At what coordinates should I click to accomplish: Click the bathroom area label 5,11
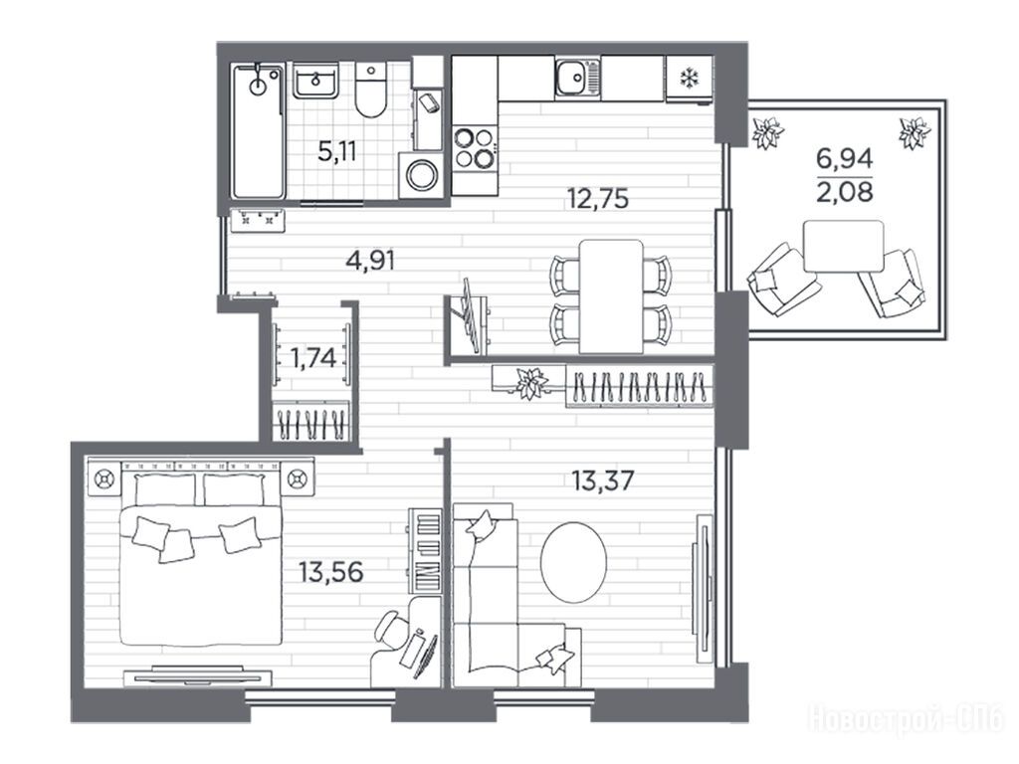pyautogui.click(x=337, y=151)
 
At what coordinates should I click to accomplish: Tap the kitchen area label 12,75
pyautogui.click(x=598, y=198)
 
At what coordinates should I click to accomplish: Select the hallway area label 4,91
pyautogui.click(x=371, y=261)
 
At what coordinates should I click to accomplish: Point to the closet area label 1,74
pyautogui.click(x=313, y=357)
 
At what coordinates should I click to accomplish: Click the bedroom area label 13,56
pyautogui.click(x=330, y=572)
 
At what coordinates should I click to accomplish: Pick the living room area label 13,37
pyautogui.click(x=602, y=480)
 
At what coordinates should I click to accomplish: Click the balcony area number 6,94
pyautogui.click(x=845, y=158)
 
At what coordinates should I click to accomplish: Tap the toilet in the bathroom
pyautogui.click(x=371, y=90)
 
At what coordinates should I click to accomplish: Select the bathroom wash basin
pyautogui.click(x=315, y=81)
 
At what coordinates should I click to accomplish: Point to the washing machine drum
pyautogui.click(x=424, y=175)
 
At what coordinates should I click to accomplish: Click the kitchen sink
pyautogui.click(x=578, y=78)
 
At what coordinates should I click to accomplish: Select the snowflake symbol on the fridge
pyautogui.click(x=688, y=78)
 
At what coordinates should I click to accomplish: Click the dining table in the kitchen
pyautogui.click(x=611, y=296)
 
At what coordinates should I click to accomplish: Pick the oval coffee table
pyautogui.click(x=574, y=562)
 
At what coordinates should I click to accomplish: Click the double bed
pyautogui.click(x=201, y=559)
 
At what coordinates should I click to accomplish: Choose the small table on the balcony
pyautogui.click(x=844, y=247)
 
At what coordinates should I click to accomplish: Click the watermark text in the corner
pyautogui.click(x=906, y=719)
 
